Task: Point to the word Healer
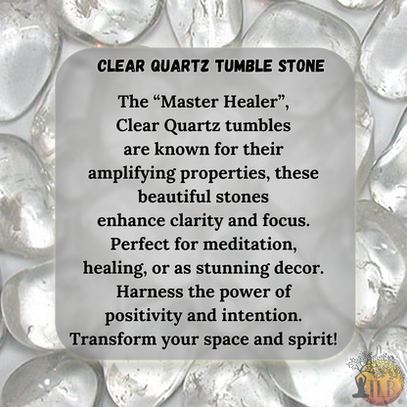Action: click(x=266, y=103)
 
